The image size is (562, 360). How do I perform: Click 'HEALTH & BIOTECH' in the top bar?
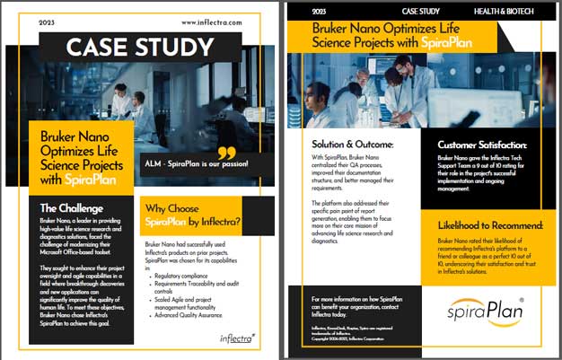(x=504, y=12)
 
